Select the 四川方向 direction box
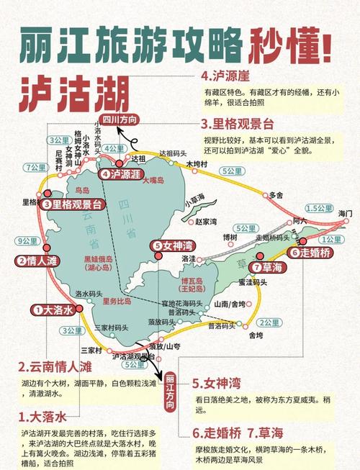tap(120, 119)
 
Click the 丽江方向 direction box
tap(170, 392)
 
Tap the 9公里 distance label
tap(27, 240)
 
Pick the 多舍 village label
tap(276, 194)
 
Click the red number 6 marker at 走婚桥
tap(294, 253)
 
